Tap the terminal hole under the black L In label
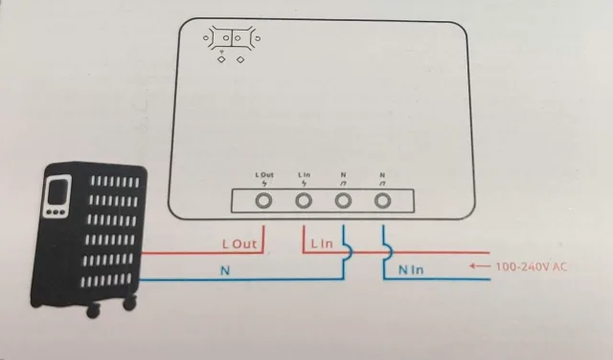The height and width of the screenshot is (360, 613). point(305,201)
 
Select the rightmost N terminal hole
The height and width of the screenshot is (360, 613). point(384,201)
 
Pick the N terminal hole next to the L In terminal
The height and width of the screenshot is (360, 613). point(344,201)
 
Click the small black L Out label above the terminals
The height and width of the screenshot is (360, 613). point(264,174)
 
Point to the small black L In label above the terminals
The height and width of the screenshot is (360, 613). point(305,174)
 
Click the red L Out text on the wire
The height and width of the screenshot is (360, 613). point(239,246)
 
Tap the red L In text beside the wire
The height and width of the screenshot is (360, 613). point(322,246)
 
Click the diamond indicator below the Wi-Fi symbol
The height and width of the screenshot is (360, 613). point(222,59)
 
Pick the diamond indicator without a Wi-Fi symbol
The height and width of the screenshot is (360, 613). point(239,59)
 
